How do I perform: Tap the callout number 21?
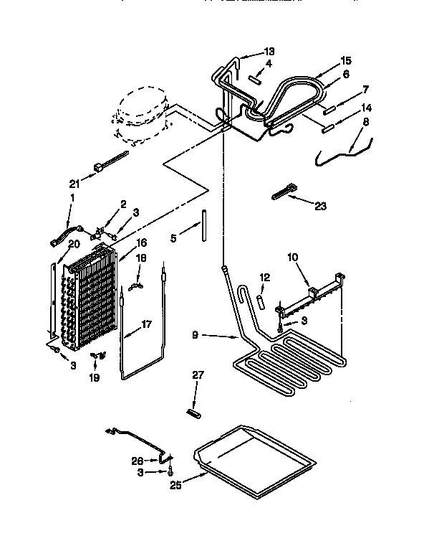click(73, 184)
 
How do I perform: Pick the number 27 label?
click(198, 375)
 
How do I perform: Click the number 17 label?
click(146, 324)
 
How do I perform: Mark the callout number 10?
click(291, 256)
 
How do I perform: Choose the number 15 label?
click(346, 61)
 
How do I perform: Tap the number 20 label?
click(74, 244)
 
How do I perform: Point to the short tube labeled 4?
click(256, 77)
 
